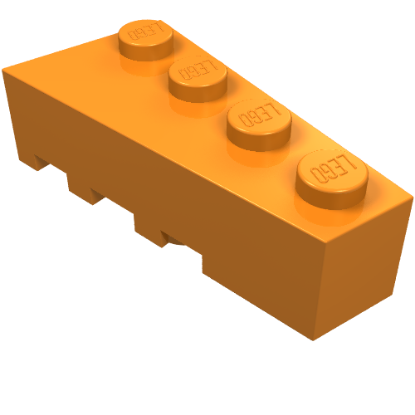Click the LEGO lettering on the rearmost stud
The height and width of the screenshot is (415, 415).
[146, 32]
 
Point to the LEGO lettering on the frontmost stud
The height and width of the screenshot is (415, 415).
[333, 168]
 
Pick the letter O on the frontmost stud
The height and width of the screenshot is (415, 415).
[317, 173]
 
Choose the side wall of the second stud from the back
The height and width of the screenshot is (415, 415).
[198, 91]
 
